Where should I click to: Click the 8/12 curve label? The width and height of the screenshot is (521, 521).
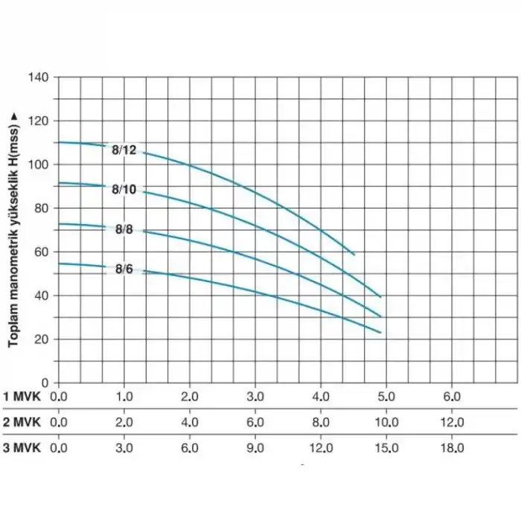coord(124,150)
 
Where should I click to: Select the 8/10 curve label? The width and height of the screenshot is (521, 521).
coord(124,190)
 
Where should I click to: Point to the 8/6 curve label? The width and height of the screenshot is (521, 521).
coord(124,269)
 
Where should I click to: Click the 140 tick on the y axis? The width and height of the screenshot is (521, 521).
coord(39,77)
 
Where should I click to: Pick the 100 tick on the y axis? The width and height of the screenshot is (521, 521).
coord(39,164)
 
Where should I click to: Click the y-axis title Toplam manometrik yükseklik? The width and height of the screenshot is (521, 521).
coord(13,227)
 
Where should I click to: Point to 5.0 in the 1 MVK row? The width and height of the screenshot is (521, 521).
coord(386,396)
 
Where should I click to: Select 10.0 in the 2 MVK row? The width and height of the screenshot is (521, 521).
coord(386,422)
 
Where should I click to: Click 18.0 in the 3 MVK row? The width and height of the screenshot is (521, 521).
coord(452,448)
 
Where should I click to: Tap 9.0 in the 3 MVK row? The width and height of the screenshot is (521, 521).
coord(255,448)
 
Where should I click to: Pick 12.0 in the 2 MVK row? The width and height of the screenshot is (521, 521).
coord(452,422)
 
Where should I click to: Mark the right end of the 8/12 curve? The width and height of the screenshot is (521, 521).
coord(354,255)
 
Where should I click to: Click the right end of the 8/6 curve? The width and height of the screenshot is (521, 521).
coord(380,333)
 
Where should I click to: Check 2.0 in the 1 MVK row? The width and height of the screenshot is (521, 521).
coord(190,396)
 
